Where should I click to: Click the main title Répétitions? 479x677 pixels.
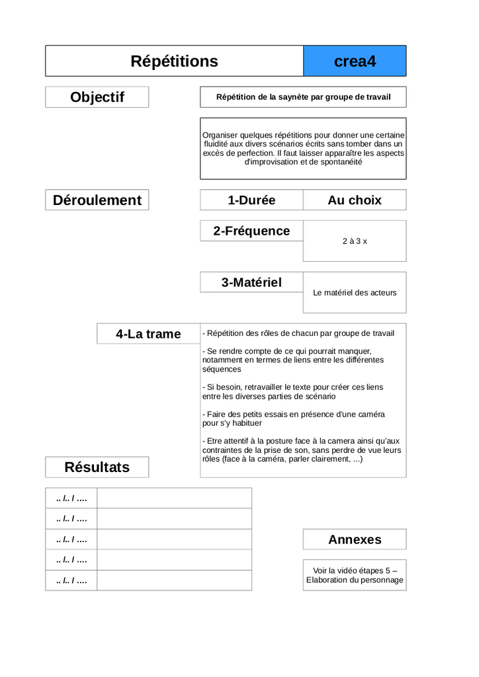(174, 61)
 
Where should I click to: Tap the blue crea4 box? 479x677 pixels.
(355, 61)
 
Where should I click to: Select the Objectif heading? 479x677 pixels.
(97, 97)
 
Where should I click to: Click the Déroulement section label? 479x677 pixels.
(97, 200)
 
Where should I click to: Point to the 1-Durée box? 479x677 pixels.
(251, 200)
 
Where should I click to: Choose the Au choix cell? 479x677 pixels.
(355, 200)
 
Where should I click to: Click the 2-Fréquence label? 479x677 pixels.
(251, 231)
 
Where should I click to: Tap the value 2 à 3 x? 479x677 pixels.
(355, 241)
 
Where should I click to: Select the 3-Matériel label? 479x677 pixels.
(251, 282)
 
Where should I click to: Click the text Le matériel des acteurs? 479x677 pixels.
(355, 292)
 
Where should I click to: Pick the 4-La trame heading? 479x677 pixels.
(148, 334)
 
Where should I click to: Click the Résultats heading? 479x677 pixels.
(97, 467)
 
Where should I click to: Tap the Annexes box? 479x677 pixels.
(355, 539)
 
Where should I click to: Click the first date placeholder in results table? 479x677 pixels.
(71, 498)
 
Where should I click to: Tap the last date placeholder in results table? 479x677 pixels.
(71, 580)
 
